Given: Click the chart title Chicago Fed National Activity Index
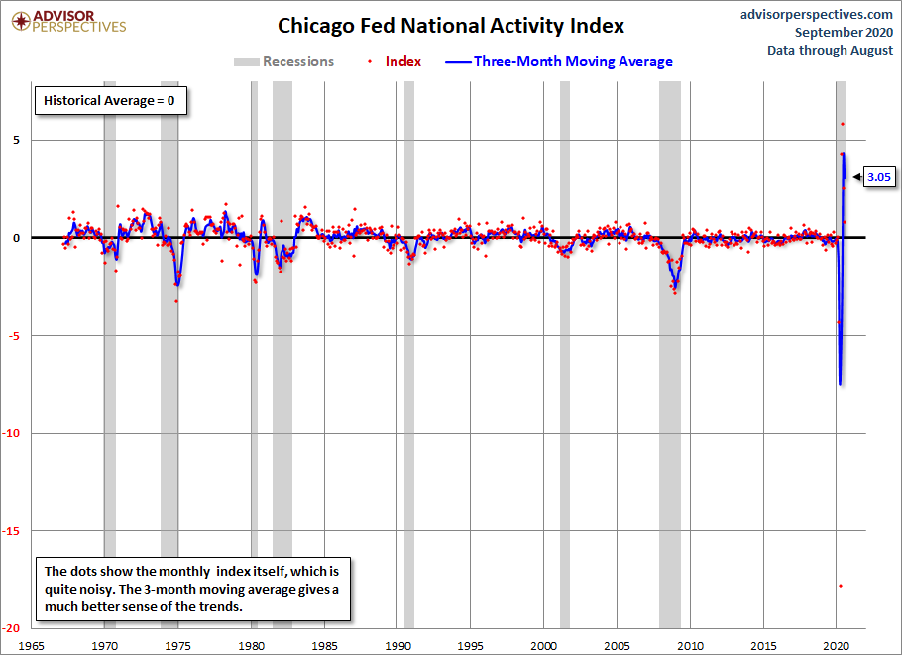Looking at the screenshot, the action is point(450,26).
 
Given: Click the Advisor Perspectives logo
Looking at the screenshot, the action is point(68,22).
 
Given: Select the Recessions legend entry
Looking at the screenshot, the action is point(283,61).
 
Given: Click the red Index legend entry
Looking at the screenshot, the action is point(395,61).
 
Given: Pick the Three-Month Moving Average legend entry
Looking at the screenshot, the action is point(559,61).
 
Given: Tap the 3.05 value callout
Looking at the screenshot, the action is point(878,177).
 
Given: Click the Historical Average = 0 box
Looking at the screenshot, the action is point(110,101).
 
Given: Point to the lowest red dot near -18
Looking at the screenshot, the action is point(841,586).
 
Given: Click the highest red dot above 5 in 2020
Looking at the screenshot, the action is point(843,124).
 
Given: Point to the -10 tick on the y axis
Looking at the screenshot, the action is point(12,433).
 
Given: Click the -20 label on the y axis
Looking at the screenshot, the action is point(12,628).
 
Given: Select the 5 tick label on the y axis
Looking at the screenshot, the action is point(16,140).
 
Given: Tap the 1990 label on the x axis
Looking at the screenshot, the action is point(397,646).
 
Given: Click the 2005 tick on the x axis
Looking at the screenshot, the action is point(618,646).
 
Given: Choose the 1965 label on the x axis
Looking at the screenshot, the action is point(31,646).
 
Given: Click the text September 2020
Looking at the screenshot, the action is point(844,32).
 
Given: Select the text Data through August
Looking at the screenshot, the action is point(830,50).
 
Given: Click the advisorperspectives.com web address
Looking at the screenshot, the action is point(817,15).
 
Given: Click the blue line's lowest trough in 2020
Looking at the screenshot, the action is point(840,384).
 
